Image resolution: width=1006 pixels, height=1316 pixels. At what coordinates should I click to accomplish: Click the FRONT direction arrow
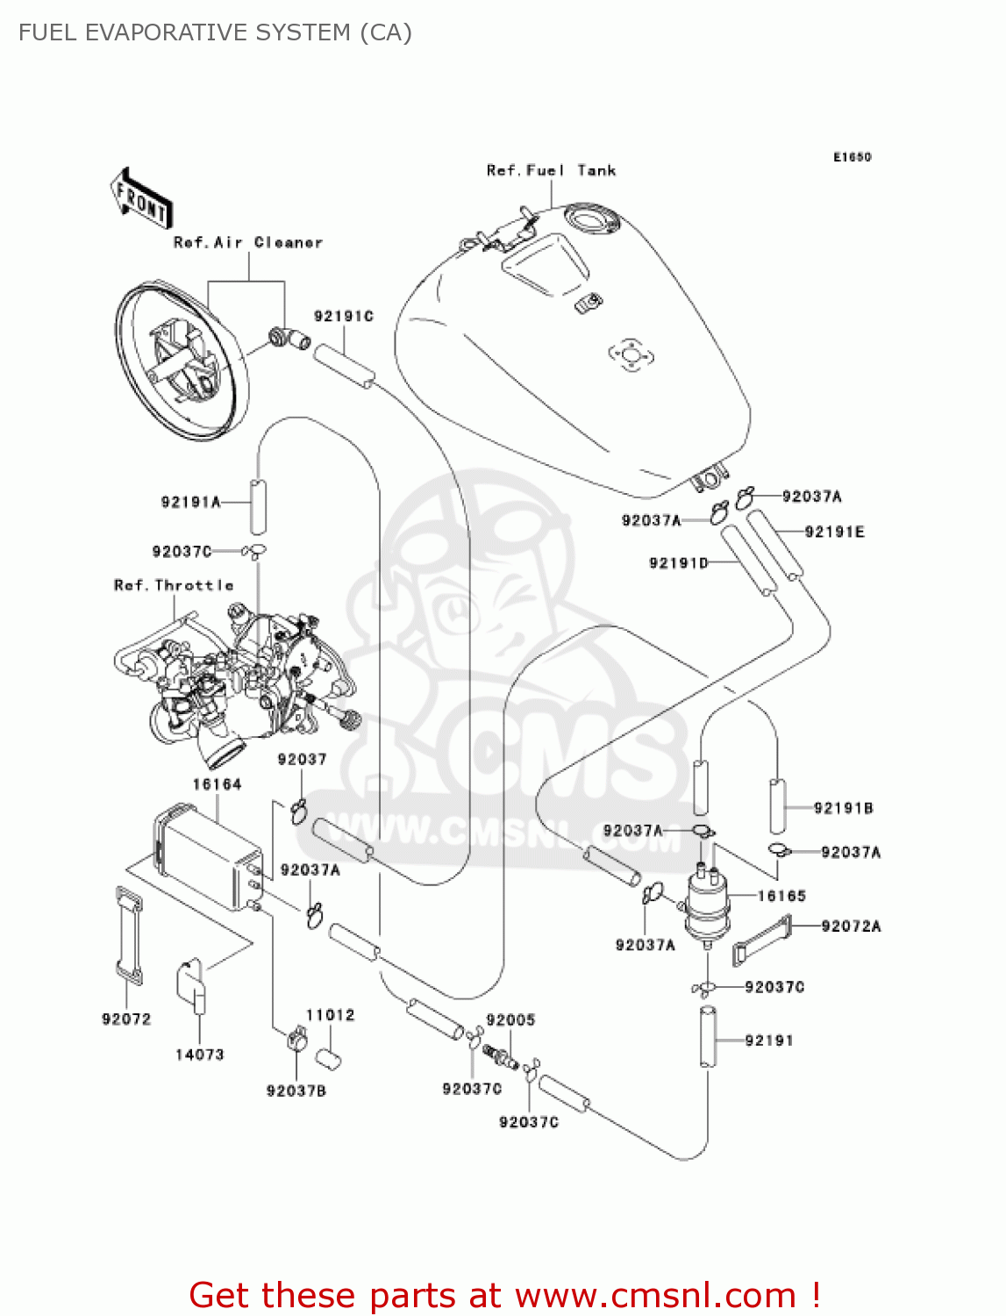coord(140,199)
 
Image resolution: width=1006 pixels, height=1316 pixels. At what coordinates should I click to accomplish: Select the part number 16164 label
coord(217,784)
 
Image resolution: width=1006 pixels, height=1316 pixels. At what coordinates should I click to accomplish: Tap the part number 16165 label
coord(781,896)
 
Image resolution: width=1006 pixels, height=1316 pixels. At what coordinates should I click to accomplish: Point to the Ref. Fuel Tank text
coord(551,170)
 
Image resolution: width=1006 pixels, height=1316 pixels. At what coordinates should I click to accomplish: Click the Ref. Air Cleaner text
coord(248,242)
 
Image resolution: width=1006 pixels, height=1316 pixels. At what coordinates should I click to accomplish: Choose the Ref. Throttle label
coord(174,585)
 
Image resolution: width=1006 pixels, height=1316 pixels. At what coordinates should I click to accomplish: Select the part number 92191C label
coord(344,316)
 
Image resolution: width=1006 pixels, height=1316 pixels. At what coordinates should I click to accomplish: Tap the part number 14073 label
coord(200,1055)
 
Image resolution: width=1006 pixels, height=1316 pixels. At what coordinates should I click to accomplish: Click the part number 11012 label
coord(331,1015)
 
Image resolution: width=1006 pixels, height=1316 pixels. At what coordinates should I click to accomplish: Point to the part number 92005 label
coord(510,1019)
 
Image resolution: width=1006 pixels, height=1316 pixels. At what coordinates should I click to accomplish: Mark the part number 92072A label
coord(851,926)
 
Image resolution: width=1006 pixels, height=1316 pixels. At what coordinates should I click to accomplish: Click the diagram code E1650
coord(852,157)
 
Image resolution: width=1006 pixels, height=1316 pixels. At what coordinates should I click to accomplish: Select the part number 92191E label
coord(834,532)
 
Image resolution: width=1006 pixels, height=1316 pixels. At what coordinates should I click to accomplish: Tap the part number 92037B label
coord(296,1091)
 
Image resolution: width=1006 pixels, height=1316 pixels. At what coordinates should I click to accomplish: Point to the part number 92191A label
coord(190,502)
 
